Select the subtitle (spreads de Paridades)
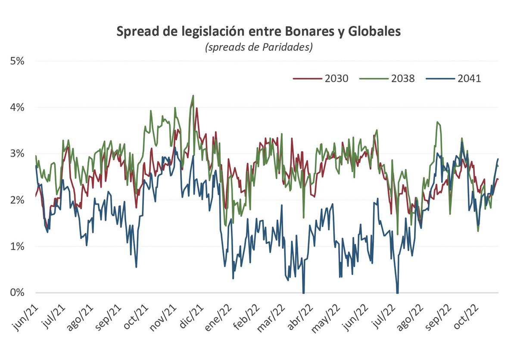(x=258, y=47)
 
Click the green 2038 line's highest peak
(x=193, y=96)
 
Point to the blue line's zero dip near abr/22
(x=304, y=293)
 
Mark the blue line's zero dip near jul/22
(x=397, y=293)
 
